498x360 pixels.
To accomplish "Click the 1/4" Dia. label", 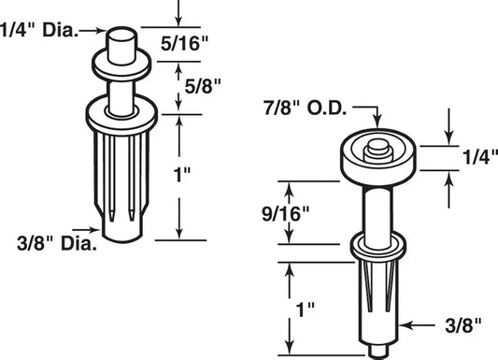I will point(36,30).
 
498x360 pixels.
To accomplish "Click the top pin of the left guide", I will point(121,43).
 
